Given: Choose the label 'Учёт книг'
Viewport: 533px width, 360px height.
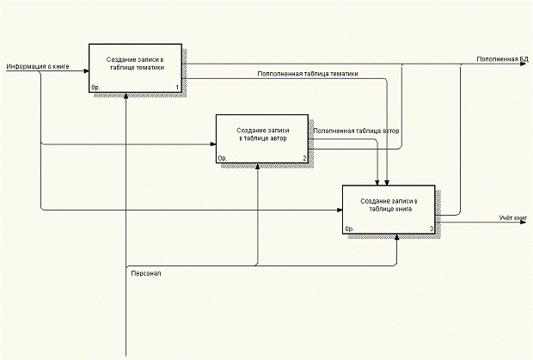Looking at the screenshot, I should [x=512, y=220].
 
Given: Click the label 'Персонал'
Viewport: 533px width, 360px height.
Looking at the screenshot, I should [x=145, y=273].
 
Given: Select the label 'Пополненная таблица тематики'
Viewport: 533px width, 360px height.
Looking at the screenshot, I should [x=307, y=74].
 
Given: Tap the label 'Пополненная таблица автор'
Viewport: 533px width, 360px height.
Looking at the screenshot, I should [x=356, y=131].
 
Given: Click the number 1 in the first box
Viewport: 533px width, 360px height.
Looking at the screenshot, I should [x=177, y=88].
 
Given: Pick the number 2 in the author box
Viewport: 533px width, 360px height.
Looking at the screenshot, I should [x=304, y=158].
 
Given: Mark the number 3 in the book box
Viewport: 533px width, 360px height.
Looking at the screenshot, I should [x=431, y=229].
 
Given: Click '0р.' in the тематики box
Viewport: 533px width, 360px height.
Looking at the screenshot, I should [x=95, y=88].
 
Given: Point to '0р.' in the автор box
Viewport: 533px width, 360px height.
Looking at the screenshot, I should [x=222, y=158].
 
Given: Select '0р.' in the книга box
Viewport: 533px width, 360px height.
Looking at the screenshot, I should [x=349, y=229].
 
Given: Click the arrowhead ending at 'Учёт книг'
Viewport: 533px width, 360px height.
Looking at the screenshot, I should [x=527, y=220].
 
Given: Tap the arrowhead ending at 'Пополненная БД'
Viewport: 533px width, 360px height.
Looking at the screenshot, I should [x=527, y=64].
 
